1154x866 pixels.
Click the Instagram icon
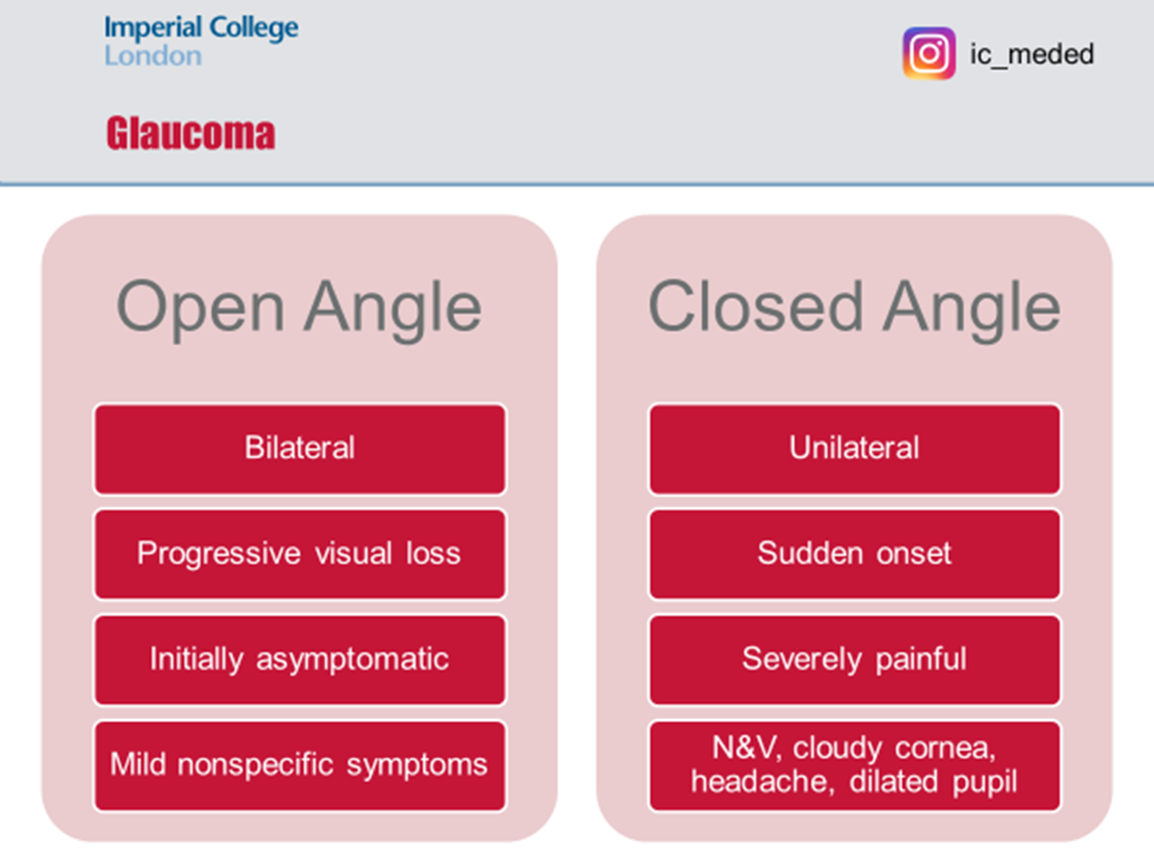(x=928, y=54)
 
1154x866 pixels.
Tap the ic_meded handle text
(x=1031, y=55)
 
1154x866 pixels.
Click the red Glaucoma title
(x=191, y=133)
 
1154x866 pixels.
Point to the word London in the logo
(x=152, y=56)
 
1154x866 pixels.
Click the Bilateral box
(x=299, y=449)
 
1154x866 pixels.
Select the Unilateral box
(x=854, y=449)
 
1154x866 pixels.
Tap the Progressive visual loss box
(x=299, y=554)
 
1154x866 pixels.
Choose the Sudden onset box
(x=854, y=554)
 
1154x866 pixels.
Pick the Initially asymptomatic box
(x=299, y=660)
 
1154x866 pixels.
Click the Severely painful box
(x=854, y=660)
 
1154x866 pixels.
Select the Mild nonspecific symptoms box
(x=299, y=766)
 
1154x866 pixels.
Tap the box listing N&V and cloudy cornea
(x=854, y=766)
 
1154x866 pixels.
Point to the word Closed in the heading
(x=755, y=307)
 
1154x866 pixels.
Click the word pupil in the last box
(x=985, y=783)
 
